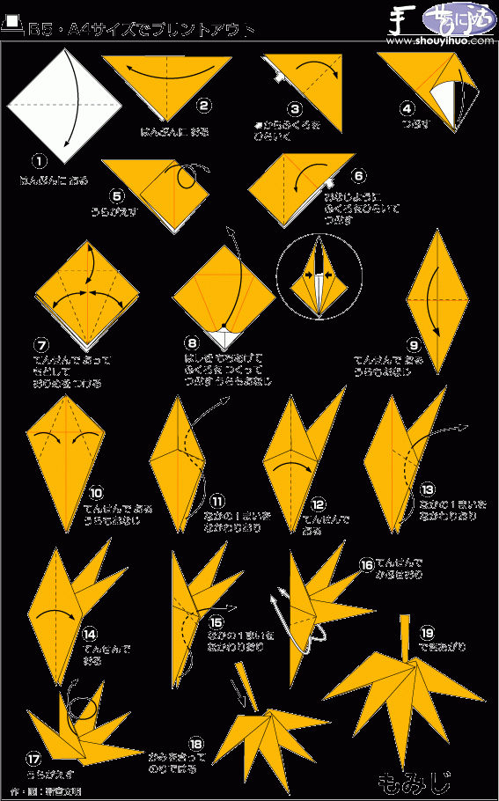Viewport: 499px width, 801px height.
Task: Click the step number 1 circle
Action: (39, 160)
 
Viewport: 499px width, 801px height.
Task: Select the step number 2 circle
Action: (203, 107)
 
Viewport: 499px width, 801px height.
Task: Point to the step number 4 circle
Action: (407, 109)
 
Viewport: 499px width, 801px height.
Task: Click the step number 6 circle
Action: (356, 175)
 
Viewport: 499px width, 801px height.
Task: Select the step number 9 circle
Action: (413, 344)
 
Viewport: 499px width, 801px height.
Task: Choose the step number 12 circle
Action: (317, 504)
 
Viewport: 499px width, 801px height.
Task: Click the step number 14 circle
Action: (89, 633)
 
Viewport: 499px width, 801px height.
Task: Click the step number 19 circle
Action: (427, 632)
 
